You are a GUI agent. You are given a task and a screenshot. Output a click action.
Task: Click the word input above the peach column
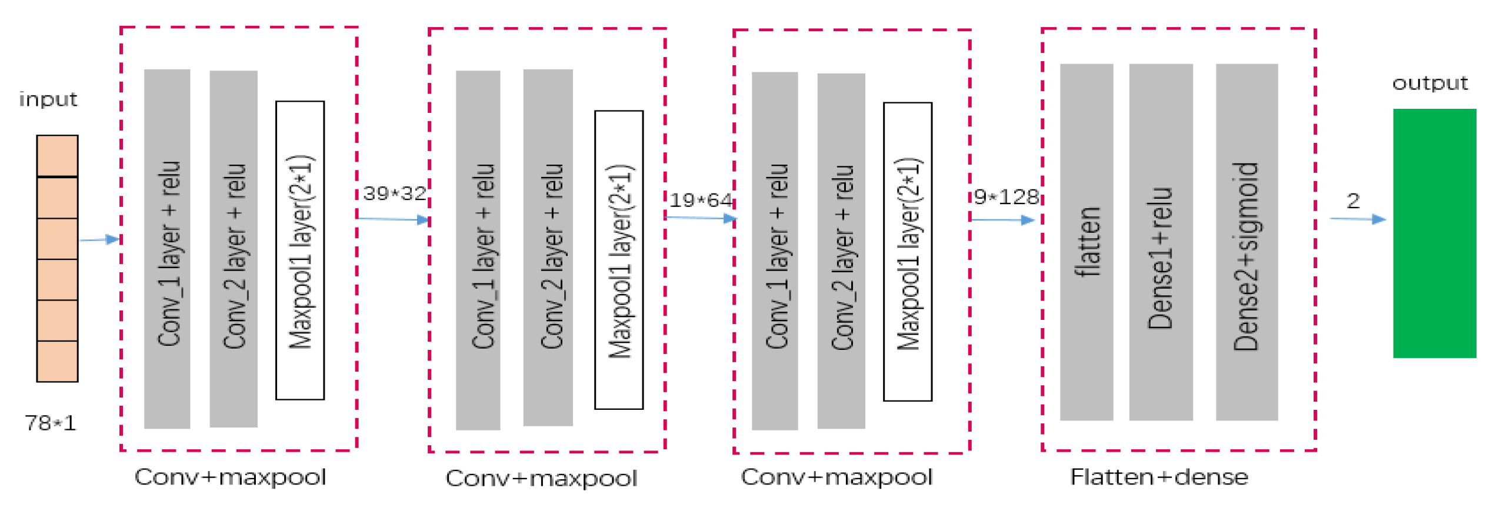click(x=48, y=99)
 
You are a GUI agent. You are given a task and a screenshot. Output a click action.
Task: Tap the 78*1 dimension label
click(x=51, y=422)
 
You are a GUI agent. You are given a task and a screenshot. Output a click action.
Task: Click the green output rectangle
click(x=1434, y=233)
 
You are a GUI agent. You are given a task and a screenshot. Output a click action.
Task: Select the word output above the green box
click(x=1429, y=83)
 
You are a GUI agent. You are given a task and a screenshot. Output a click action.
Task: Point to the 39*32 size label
click(x=394, y=193)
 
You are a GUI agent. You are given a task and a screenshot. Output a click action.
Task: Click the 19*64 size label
click(x=700, y=200)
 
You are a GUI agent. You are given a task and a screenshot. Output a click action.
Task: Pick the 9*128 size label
click(x=1006, y=196)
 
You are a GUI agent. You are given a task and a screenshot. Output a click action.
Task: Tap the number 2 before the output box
click(x=1352, y=201)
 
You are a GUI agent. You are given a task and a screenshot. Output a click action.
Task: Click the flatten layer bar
click(x=1086, y=242)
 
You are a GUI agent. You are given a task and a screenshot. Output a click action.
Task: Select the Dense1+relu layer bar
click(x=1160, y=242)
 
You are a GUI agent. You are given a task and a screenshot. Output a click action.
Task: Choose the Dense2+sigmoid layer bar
click(x=1246, y=242)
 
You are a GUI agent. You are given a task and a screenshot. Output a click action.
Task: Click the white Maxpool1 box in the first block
click(x=300, y=250)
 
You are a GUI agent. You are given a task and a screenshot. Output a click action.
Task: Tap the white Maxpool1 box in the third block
click(x=907, y=251)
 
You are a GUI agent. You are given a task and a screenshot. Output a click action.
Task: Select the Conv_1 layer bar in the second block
click(x=478, y=250)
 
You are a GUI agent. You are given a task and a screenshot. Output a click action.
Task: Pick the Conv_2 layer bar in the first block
click(x=234, y=249)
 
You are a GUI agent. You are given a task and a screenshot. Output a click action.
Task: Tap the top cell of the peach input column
click(x=57, y=155)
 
